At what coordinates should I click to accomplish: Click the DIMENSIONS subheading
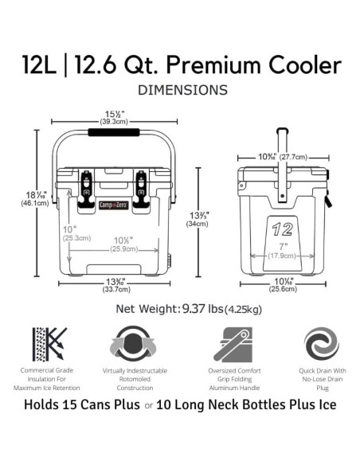[183, 90]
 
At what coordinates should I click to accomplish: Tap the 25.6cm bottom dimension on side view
[285, 288]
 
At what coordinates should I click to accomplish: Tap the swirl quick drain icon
[322, 344]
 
